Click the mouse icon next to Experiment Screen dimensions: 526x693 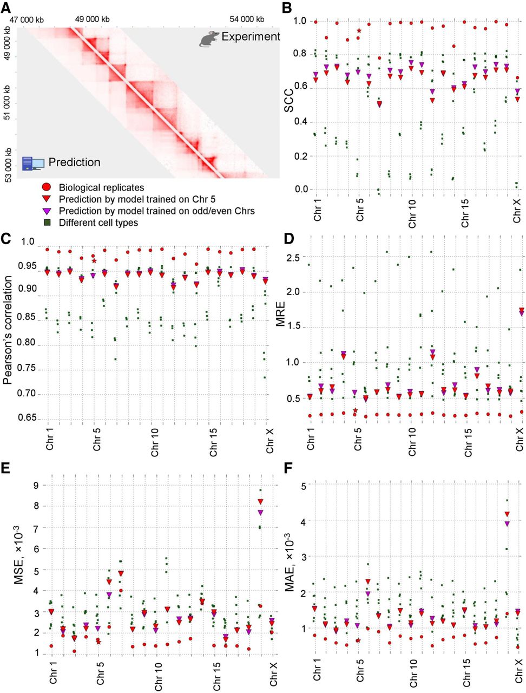pyautogui.click(x=209, y=39)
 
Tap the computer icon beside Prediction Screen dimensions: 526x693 pyautogui.click(x=33, y=163)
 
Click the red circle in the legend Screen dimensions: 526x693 pyautogui.click(x=46, y=187)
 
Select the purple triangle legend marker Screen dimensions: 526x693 pyautogui.click(x=46, y=211)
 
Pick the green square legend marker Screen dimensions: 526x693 pyautogui.click(x=46, y=223)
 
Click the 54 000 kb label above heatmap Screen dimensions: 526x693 pyautogui.click(x=247, y=19)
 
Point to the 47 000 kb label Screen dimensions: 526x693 pyautogui.click(x=26, y=19)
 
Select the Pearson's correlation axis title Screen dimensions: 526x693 pyautogui.click(x=8, y=330)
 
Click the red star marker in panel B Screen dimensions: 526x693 pyautogui.click(x=359, y=31)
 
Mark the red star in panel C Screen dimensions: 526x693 pyautogui.click(x=94, y=260)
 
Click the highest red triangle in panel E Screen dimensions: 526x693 pyautogui.click(x=260, y=502)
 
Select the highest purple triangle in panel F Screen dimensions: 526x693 pyautogui.click(x=507, y=524)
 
